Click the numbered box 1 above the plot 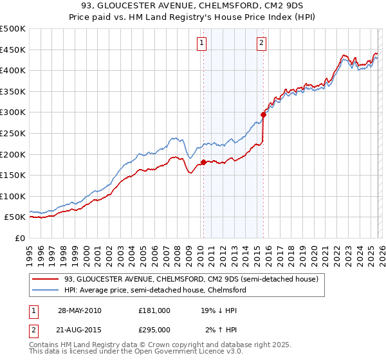pyautogui.click(x=202, y=43)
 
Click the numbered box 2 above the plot pyautogui.click(x=262, y=43)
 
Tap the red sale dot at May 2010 pyautogui.click(x=203, y=162)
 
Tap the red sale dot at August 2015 pyautogui.click(x=263, y=114)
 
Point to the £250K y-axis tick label pyautogui.click(x=13, y=133)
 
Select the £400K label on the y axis pyautogui.click(x=13, y=71)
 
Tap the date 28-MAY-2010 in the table pyautogui.click(x=79, y=310)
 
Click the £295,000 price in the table pyautogui.click(x=154, y=330)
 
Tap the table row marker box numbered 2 pyautogui.click(x=33, y=330)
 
